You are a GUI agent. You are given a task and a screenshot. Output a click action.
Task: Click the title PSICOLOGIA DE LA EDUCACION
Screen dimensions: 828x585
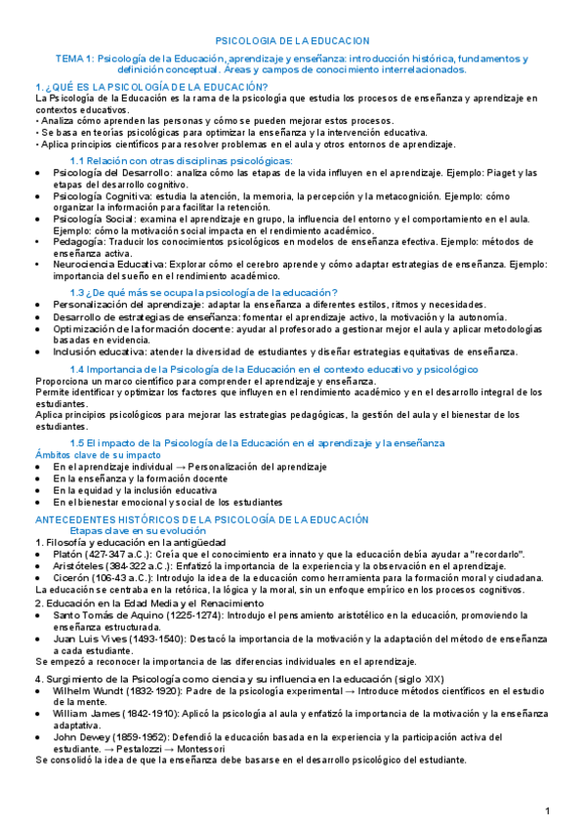coord(292,41)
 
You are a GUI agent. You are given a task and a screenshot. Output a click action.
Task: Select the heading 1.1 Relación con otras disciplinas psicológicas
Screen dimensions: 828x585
coord(182,160)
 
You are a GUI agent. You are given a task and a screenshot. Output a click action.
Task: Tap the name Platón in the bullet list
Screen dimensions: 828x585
coord(73,554)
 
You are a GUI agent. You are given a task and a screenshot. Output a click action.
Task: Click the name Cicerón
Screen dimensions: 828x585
coord(75,578)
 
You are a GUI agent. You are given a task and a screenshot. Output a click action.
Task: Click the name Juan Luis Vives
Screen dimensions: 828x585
coord(93,639)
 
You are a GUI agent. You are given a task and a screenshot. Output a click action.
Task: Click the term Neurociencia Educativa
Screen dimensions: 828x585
coord(109,264)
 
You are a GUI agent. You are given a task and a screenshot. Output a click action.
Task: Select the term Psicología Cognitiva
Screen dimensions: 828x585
coord(101,196)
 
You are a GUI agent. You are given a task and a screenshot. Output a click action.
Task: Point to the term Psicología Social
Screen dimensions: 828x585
coord(93,220)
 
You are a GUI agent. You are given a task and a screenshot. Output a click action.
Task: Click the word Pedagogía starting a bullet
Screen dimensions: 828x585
coord(82,240)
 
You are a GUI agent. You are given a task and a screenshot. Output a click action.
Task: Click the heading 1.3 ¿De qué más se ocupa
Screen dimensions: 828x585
coord(203,292)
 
